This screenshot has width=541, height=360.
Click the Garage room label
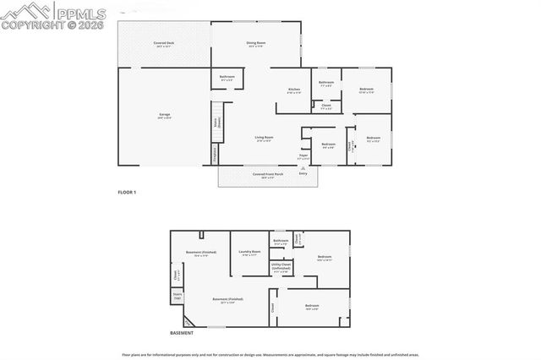pyautogui.click(x=164, y=117)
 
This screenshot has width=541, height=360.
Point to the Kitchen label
pyautogui.click(x=294, y=90)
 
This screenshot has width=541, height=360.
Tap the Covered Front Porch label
pyautogui.click(x=268, y=176)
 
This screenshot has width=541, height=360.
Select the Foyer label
pyautogui.click(x=303, y=156)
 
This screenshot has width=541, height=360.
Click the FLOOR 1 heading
pyautogui.click(x=127, y=193)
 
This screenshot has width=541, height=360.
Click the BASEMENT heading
pyautogui.click(x=182, y=334)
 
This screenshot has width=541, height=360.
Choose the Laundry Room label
pyautogui.click(x=249, y=252)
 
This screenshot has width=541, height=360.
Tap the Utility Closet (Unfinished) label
pyautogui.click(x=281, y=269)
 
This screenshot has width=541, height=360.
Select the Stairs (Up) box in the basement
pyautogui.click(x=178, y=297)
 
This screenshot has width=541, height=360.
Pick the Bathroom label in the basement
pyautogui.click(x=281, y=242)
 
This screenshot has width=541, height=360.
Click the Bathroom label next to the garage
pyautogui.click(x=227, y=79)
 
